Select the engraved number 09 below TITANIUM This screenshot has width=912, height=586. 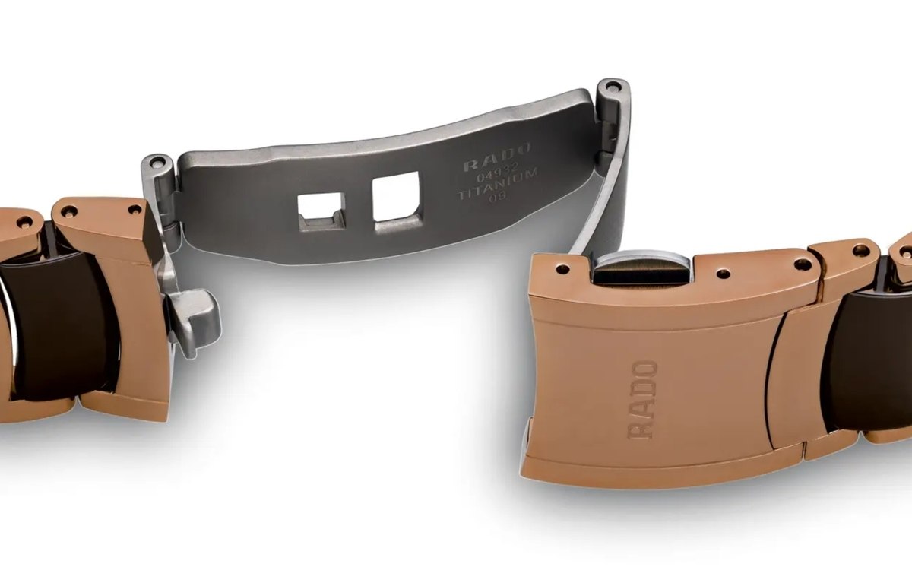point(499,198)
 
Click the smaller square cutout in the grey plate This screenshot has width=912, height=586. point(321,212)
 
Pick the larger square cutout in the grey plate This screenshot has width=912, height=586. point(397,202)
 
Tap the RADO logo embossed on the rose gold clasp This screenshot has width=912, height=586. point(642,400)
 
